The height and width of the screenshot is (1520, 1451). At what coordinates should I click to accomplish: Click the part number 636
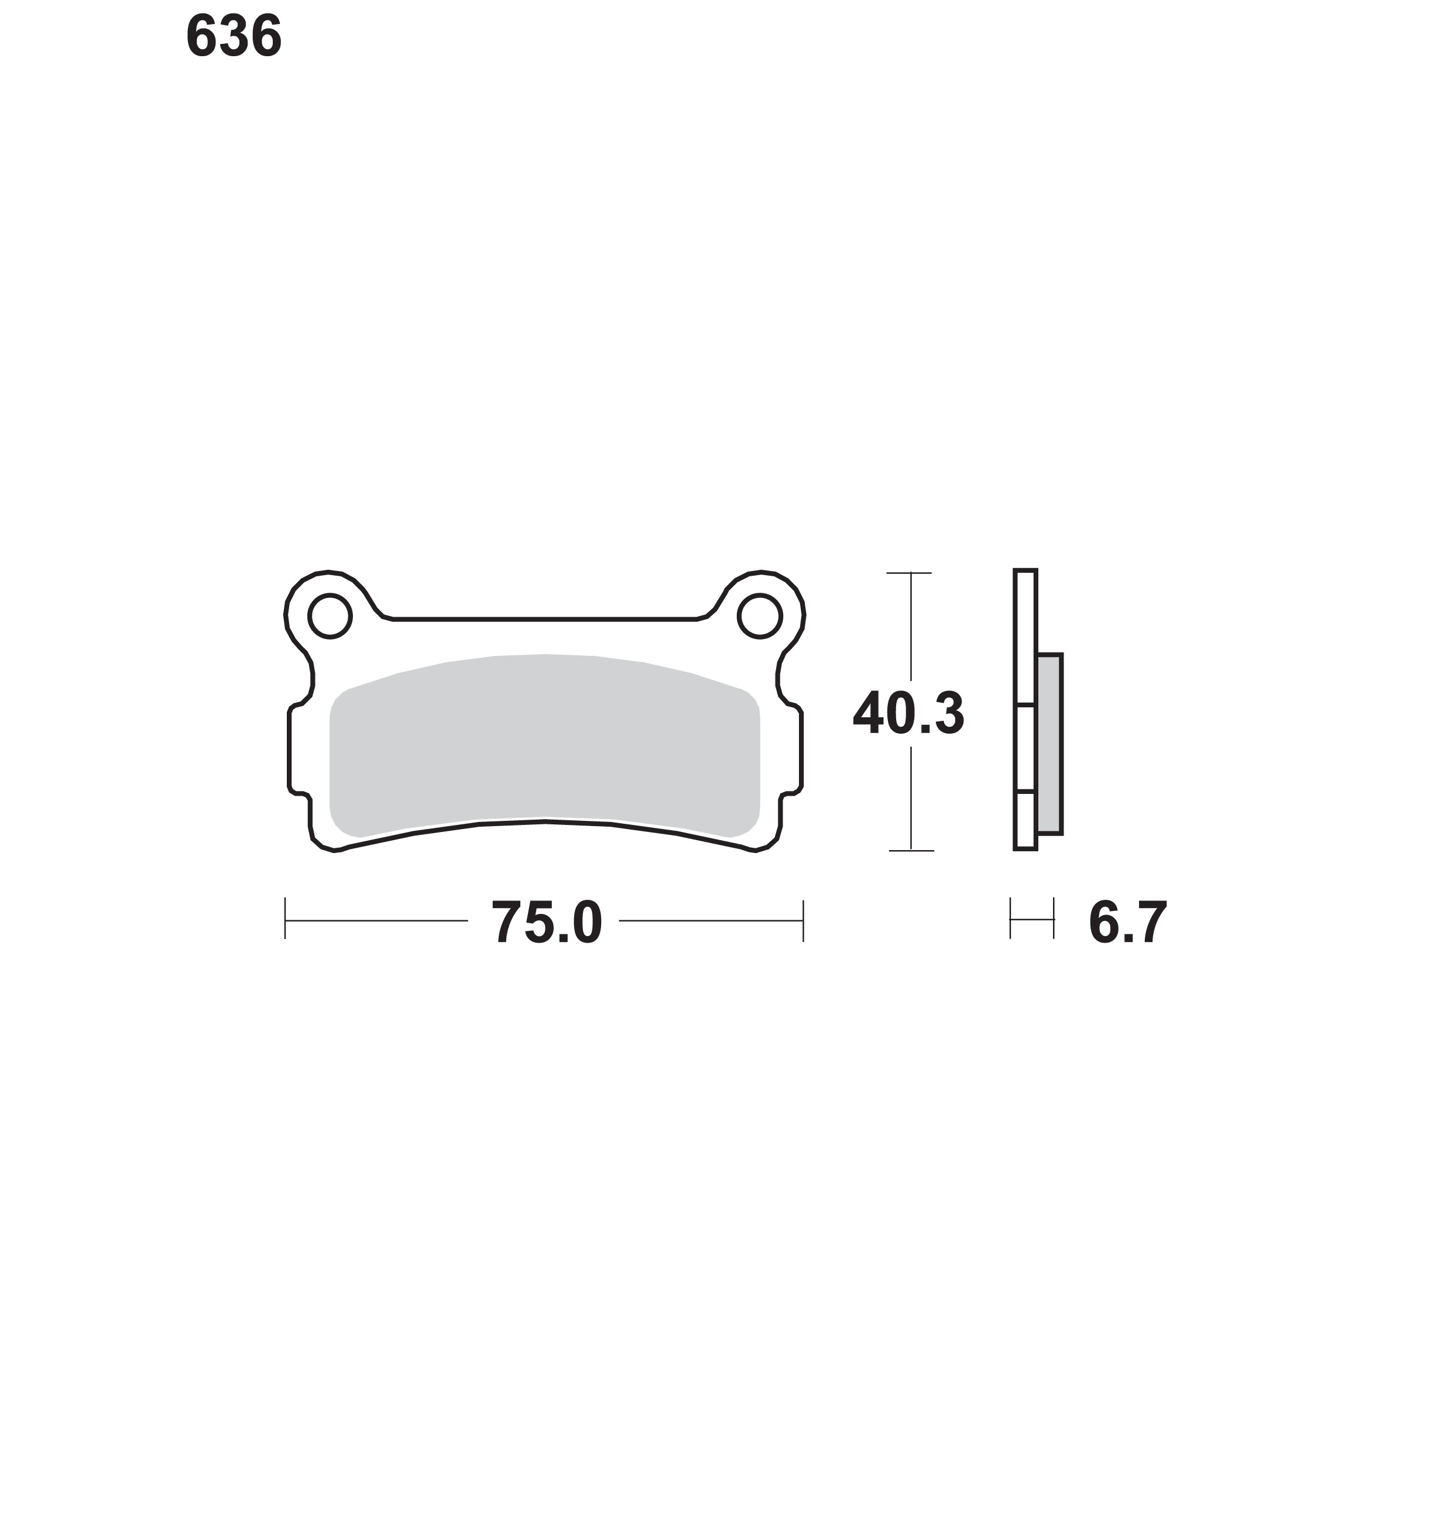tap(234, 37)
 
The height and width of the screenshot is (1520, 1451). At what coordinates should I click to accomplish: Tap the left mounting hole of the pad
tap(330, 615)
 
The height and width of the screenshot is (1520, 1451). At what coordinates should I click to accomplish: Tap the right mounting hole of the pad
tap(760, 615)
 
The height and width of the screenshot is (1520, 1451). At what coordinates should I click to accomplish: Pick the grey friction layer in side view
tap(1049, 744)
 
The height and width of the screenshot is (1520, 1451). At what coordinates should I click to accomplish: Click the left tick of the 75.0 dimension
tap(286, 919)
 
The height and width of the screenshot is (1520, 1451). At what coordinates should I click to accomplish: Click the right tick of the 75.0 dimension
tap(804, 920)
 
